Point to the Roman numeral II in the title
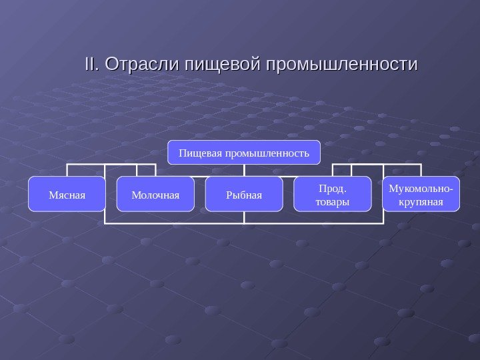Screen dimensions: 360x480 [91, 65]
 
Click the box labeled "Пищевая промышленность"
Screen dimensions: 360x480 [243, 153]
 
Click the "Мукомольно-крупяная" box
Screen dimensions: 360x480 [421, 194]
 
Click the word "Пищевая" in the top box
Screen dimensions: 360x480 [200, 153]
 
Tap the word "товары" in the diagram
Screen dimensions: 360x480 [333, 201]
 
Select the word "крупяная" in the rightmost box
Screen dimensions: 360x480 [421, 201]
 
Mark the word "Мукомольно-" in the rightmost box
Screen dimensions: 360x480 [421, 188]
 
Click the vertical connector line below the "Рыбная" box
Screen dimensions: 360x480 [244, 217]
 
